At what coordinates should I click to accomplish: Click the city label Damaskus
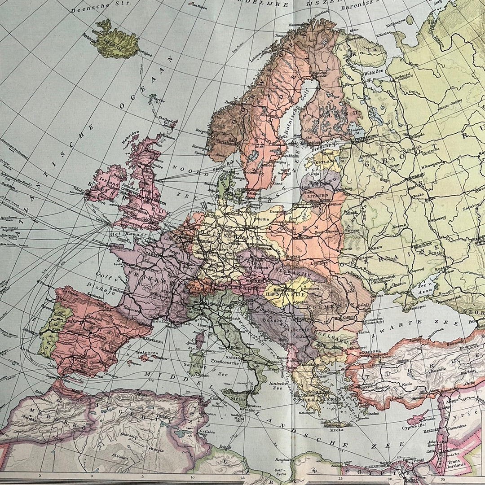[459, 422]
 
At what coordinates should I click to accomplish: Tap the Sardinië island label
[194, 365]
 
